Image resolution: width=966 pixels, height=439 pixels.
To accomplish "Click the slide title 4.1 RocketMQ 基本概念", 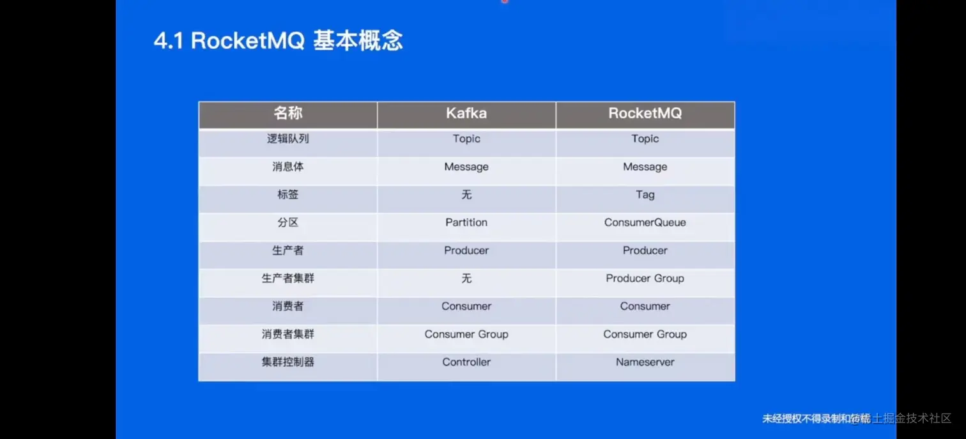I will pyautogui.click(x=278, y=41).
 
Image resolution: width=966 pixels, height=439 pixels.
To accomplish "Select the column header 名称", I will pyautogui.click(x=287, y=114).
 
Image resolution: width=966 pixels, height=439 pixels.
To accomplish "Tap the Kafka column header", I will pyautogui.click(x=466, y=114).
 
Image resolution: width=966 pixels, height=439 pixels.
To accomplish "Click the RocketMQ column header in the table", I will pyautogui.click(x=645, y=114).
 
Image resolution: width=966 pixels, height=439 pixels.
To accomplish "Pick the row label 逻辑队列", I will pyautogui.click(x=287, y=139).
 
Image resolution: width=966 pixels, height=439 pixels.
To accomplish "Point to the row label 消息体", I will pyautogui.click(x=287, y=167).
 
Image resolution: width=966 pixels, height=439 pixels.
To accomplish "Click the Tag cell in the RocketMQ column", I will pyautogui.click(x=645, y=195).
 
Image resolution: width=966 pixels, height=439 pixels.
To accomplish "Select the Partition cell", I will pyautogui.click(x=466, y=222).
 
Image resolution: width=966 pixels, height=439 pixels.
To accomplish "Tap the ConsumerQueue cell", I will pyautogui.click(x=645, y=222).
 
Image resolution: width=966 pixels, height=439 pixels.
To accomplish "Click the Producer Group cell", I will pyautogui.click(x=645, y=279).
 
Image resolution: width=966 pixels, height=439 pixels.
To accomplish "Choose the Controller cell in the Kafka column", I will pyautogui.click(x=466, y=362).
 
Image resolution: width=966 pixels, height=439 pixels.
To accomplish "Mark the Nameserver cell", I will pyautogui.click(x=645, y=362).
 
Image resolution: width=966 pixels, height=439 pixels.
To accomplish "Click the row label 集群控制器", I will pyautogui.click(x=287, y=362).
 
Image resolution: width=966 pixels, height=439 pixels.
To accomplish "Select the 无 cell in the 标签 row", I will pyautogui.click(x=466, y=195).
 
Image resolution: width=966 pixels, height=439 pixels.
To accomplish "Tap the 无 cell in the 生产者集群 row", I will pyautogui.click(x=466, y=279).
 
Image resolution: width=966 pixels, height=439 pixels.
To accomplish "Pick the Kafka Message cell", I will pyautogui.click(x=466, y=167).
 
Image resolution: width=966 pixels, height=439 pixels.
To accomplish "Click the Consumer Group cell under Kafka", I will pyautogui.click(x=466, y=334).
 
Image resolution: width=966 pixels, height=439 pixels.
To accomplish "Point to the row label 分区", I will pyautogui.click(x=287, y=222).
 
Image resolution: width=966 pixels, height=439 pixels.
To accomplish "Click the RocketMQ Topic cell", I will pyautogui.click(x=645, y=139).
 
